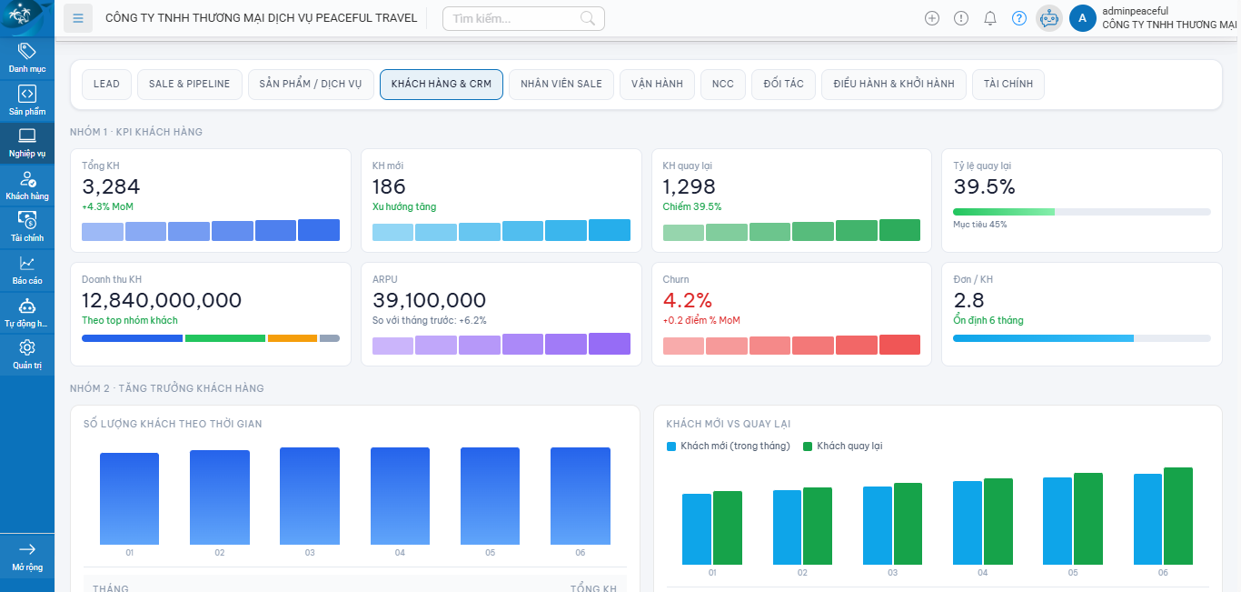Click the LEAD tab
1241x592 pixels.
106,84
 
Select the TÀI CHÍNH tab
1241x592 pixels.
1008,84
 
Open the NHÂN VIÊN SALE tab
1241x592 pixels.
561,84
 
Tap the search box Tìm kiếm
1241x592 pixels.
513,18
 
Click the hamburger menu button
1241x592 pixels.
78,18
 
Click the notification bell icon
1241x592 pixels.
990,18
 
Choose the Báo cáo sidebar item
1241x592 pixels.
27,270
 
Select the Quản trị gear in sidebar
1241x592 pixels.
27,354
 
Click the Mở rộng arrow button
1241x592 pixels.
27,556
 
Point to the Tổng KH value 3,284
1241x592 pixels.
111,187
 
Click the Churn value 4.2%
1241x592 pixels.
688,300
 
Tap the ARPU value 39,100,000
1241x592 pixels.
429,300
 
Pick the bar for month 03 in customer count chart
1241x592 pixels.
310,496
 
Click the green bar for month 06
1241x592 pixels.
1177,516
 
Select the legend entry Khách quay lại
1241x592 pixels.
849,446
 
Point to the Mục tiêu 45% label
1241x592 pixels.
979,225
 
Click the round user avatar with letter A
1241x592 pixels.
1082,18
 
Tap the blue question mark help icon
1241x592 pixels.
1019,18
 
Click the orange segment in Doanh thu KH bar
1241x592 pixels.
292,338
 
